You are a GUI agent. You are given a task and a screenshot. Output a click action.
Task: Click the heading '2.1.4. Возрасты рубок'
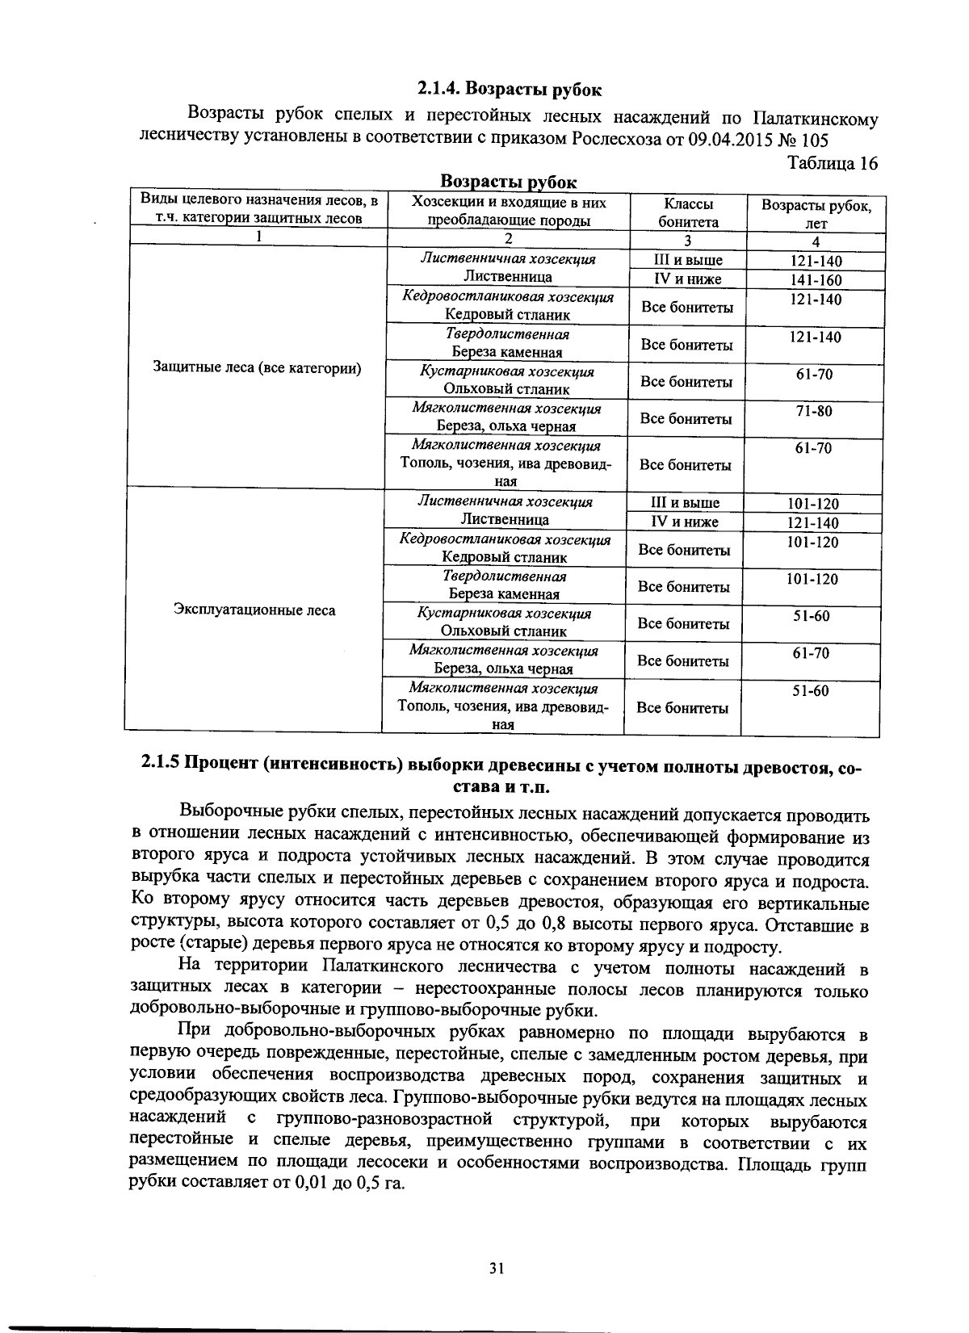(510, 87)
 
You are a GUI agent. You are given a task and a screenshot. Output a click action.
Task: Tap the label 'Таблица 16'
(832, 163)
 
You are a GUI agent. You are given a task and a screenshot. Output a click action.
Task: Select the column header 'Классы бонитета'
(688, 212)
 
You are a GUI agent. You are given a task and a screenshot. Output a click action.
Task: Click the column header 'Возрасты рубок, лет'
(816, 213)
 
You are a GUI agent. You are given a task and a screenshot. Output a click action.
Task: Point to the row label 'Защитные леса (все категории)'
(257, 368)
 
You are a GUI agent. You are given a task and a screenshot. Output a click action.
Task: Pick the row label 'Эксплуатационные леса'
(254, 610)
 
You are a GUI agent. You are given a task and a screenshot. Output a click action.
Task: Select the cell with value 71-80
(813, 411)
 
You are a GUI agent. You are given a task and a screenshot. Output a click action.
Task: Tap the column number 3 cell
(687, 240)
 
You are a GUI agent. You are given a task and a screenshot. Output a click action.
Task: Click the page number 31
(497, 1268)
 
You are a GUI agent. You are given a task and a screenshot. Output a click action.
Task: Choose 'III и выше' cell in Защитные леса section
(687, 260)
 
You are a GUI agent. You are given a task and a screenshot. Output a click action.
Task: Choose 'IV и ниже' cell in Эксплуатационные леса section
(685, 522)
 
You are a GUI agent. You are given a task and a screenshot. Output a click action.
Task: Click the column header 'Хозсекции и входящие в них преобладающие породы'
(509, 212)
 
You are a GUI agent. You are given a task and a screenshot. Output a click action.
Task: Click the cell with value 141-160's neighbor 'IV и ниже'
(687, 279)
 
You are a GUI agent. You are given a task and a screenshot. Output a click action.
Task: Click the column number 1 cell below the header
(258, 237)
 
